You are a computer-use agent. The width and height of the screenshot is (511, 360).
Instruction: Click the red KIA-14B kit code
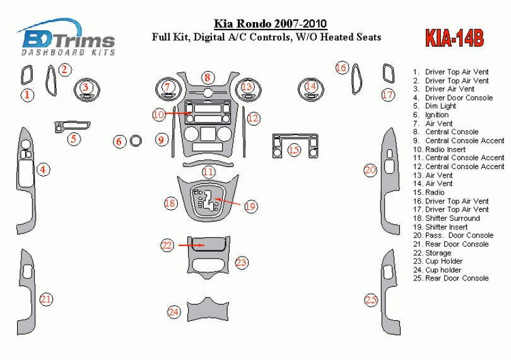(x=454, y=38)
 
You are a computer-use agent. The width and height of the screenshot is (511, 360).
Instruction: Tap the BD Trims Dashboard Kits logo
(x=68, y=38)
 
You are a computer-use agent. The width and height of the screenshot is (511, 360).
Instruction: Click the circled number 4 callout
(x=42, y=169)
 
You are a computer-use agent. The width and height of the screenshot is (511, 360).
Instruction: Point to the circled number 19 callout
(x=250, y=206)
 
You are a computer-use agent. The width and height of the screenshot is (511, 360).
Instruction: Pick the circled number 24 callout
(x=173, y=311)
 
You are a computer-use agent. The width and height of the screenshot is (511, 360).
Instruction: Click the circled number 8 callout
(x=207, y=78)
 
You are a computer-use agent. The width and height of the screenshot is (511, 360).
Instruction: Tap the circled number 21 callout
(x=46, y=299)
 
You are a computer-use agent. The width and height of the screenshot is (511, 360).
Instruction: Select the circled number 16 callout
(x=341, y=67)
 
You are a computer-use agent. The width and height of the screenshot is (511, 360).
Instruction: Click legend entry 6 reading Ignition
(x=437, y=115)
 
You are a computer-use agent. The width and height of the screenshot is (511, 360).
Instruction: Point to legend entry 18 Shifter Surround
(x=452, y=218)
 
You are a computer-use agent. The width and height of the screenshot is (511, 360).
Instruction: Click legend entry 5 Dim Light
(x=440, y=106)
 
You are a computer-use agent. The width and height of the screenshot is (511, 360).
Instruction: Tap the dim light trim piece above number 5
(x=71, y=125)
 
